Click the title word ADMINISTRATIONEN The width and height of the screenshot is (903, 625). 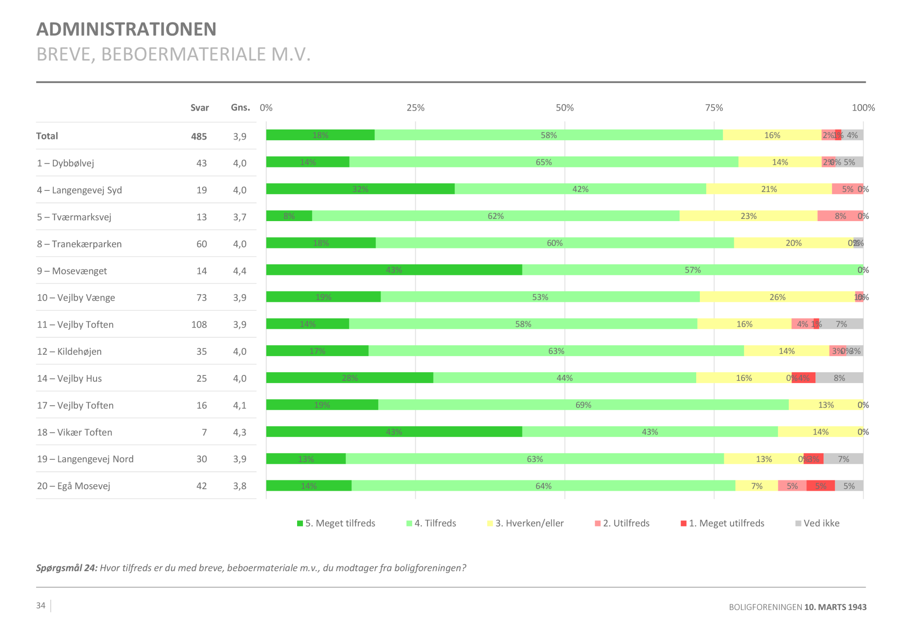126,29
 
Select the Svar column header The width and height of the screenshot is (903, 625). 200,108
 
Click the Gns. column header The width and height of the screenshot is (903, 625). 240,107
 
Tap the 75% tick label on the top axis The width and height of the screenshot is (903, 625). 714,108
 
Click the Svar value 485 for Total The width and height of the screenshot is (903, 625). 199,136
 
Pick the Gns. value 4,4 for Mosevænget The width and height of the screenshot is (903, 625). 240,271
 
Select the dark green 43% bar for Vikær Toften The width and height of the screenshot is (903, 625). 394,432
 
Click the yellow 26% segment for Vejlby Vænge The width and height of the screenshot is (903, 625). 777,297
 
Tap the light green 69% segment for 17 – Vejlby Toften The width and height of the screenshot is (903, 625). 583,405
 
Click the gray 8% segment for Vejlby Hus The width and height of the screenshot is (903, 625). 839,378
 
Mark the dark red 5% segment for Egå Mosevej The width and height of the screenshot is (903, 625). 820,486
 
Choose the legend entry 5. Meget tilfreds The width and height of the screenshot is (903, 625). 336,523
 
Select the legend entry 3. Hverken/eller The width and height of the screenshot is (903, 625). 526,523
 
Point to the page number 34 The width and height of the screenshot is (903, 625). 41,606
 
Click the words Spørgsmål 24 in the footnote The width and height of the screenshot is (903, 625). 66,568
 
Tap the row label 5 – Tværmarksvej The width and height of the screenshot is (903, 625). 74,217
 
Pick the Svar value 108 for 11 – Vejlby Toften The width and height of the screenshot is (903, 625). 199,324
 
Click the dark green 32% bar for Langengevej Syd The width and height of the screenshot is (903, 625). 360,189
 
